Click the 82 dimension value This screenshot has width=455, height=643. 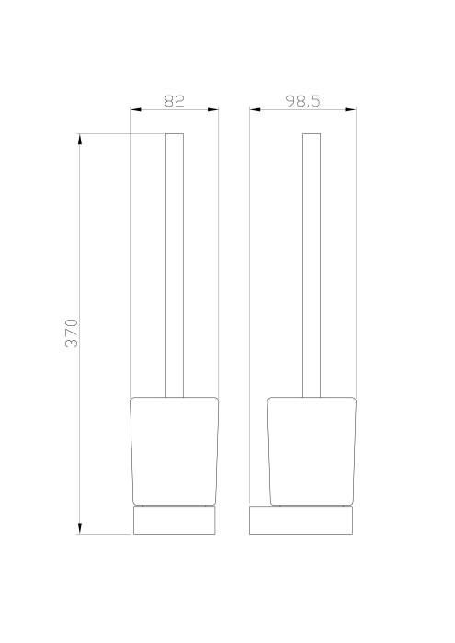175,101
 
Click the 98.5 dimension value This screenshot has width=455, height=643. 301,101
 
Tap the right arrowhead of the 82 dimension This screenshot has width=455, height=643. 214,110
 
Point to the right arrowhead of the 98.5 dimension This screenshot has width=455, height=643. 351,110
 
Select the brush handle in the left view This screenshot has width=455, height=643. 175,266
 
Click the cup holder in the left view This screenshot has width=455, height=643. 175,450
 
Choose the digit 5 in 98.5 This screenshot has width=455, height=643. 315,101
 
